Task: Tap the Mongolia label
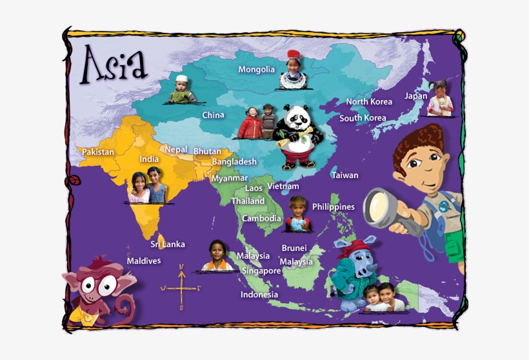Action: point(256,70)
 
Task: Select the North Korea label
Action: point(368,102)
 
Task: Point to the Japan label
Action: point(415,96)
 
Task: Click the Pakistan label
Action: point(97,152)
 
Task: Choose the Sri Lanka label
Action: point(167,245)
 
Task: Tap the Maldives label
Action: point(143,261)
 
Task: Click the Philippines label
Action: point(333,207)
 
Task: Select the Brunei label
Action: point(294,248)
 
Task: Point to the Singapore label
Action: point(261,271)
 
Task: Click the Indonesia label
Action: point(259,295)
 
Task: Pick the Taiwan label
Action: point(344,175)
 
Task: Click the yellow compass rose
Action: point(181,288)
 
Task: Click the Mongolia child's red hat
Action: point(294,54)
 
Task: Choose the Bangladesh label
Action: point(234,162)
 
